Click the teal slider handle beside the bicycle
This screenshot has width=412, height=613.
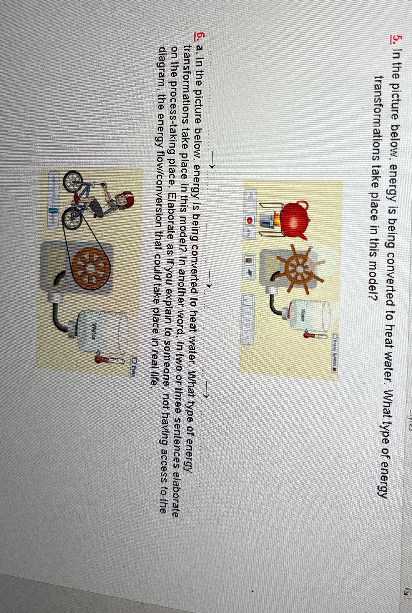(x=53, y=210)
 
